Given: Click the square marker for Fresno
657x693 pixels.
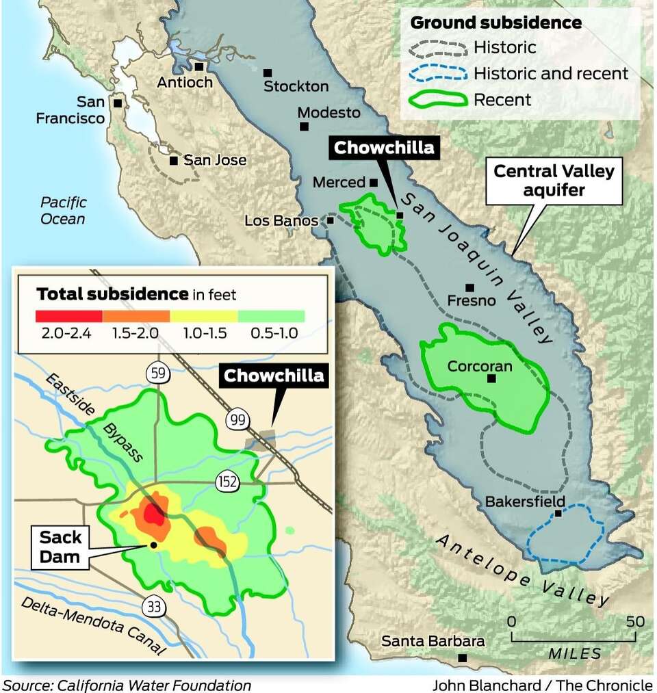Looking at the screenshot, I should (469, 287).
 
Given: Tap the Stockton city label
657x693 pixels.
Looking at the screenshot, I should (296, 86).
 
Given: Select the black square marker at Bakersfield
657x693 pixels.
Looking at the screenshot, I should (558, 513).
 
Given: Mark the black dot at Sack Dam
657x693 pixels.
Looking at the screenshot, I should (153, 545).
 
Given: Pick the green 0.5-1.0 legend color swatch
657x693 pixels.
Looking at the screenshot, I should (271, 316).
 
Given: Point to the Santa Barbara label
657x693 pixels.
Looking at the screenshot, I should (433, 641).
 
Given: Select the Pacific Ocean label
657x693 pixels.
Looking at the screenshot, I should (63, 210).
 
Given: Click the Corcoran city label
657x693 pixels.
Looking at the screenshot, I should (480, 366).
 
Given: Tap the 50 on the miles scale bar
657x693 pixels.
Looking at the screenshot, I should (635, 622).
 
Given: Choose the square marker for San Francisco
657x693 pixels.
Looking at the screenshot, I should (118, 103).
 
